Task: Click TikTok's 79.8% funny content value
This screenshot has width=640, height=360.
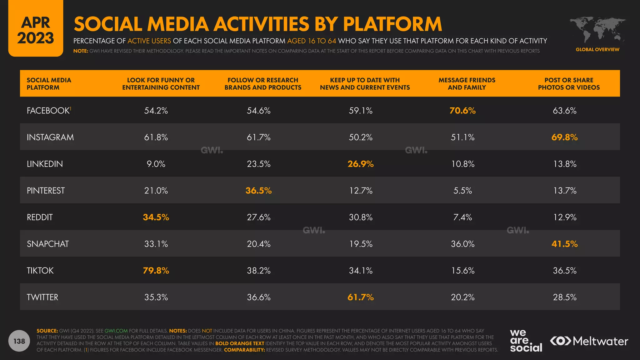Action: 156,271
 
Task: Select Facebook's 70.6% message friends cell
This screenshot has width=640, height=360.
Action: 462,111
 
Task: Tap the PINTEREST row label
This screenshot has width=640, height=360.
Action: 46,191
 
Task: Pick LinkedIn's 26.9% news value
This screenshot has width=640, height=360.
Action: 361,164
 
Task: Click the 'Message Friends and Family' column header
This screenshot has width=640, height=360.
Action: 467,84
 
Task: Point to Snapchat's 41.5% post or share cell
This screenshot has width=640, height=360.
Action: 564,244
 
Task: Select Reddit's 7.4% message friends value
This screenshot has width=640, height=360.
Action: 462,217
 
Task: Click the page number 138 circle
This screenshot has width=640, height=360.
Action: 19,341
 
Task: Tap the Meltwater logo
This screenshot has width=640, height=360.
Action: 589,341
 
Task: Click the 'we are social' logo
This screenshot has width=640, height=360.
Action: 526,341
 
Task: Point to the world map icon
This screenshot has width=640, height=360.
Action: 597,30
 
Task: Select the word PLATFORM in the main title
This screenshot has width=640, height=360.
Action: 392,24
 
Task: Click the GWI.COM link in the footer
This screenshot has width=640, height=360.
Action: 116,331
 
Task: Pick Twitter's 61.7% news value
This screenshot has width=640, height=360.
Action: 361,297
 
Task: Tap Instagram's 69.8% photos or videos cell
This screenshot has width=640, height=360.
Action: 564,137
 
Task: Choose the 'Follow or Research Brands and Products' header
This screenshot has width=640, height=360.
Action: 263,84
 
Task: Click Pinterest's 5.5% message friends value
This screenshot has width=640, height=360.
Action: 462,191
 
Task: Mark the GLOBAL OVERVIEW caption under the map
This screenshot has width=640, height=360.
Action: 597,49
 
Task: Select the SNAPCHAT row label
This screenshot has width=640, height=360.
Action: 48,244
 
